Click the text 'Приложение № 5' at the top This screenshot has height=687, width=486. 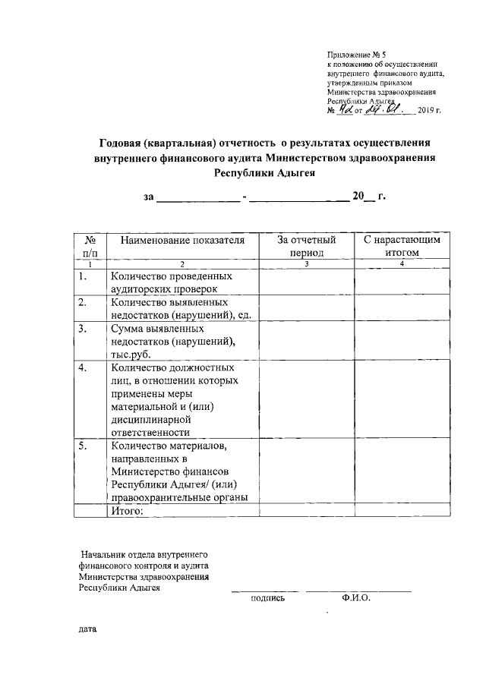pyautogui.click(x=357, y=55)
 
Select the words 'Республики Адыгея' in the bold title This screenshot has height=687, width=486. pyautogui.click(x=264, y=173)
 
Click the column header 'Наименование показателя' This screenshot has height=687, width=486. pyautogui.click(x=182, y=240)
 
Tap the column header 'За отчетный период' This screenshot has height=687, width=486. pyautogui.click(x=306, y=246)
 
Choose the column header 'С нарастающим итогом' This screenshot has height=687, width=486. pyautogui.click(x=402, y=246)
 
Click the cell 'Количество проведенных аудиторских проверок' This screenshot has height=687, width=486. pyautogui.click(x=171, y=282)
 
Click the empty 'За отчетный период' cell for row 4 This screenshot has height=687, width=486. pyautogui.click(x=306, y=399)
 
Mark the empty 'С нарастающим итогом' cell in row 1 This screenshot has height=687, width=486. pyautogui.click(x=402, y=282)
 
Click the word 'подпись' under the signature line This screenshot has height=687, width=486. pyautogui.click(x=267, y=598)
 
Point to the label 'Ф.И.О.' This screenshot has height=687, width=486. pyautogui.click(x=355, y=598)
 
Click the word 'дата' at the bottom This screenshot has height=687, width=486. pyautogui.click(x=87, y=629)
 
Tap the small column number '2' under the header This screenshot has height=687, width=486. pyautogui.click(x=182, y=263)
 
